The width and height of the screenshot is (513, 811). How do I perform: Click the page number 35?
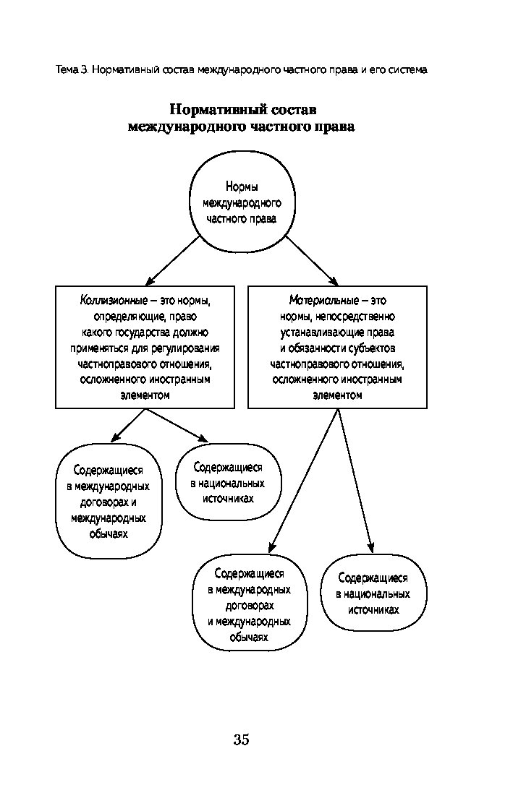(241, 739)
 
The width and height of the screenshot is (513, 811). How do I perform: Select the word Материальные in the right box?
(323, 301)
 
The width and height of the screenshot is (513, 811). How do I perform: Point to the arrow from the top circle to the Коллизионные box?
(173, 261)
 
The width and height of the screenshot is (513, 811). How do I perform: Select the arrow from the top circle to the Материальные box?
(312, 261)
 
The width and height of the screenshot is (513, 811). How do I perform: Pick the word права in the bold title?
(336, 126)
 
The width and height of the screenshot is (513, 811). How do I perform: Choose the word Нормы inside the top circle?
(242, 186)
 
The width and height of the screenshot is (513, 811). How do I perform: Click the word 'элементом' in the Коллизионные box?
(145, 395)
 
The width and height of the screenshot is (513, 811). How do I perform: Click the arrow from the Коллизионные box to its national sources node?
(177, 426)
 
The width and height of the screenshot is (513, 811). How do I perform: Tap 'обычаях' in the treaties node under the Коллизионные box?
(109, 534)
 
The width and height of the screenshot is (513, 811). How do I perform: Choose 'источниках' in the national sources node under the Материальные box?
(373, 610)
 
